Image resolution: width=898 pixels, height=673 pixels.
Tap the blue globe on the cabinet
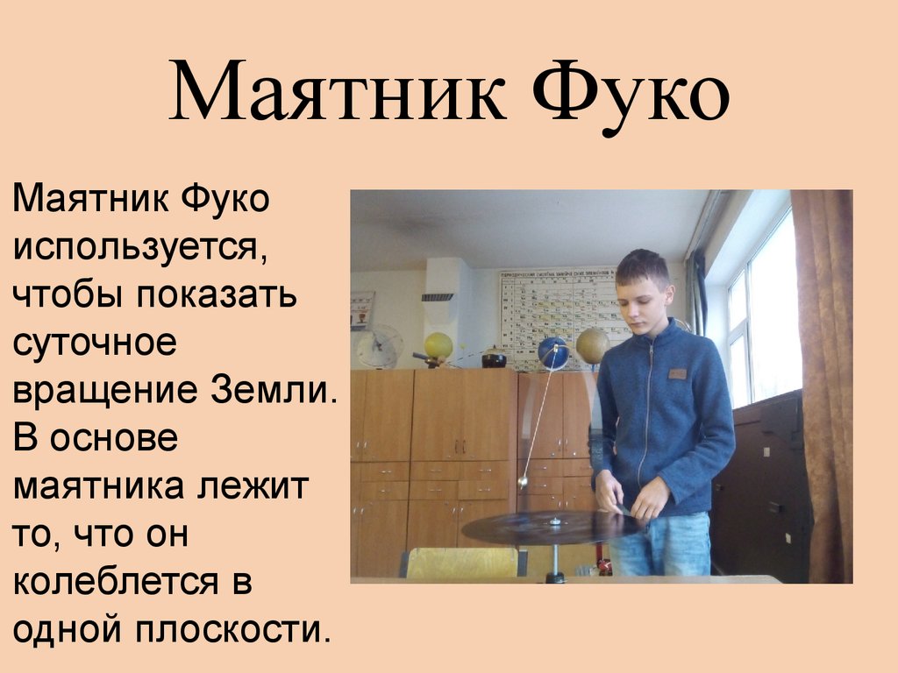pyautogui.click(x=553, y=352)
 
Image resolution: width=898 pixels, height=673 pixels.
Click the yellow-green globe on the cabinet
pyautogui.click(x=438, y=345)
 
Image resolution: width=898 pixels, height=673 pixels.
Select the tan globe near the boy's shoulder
pyautogui.click(x=593, y=344)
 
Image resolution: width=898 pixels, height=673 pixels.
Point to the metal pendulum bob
pyautogui.click(x=523, y=481)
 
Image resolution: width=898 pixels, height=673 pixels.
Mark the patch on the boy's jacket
pyautogui.click(x=676, y=373)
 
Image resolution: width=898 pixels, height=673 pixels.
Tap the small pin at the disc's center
pyautogui.click(x=554, y=522)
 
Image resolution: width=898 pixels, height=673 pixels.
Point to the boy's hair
pyautogui.click(x=642, y=266)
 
